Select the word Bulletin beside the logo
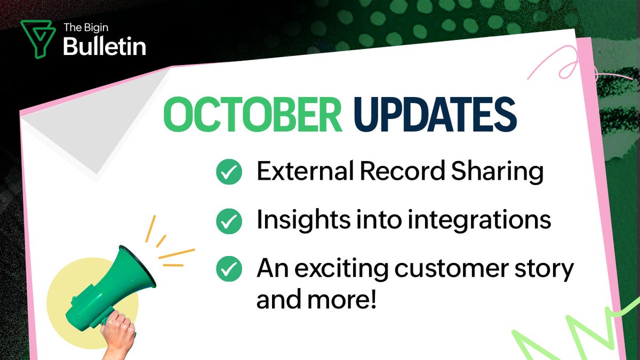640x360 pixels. tap(105, 47)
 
